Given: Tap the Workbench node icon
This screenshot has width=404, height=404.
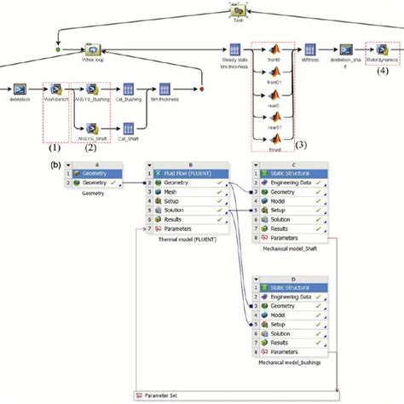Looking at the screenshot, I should [x=54, y=88].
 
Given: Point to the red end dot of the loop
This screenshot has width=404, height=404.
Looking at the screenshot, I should [x=202, y=88].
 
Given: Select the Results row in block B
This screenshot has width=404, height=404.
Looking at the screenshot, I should [x=166, y=219].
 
